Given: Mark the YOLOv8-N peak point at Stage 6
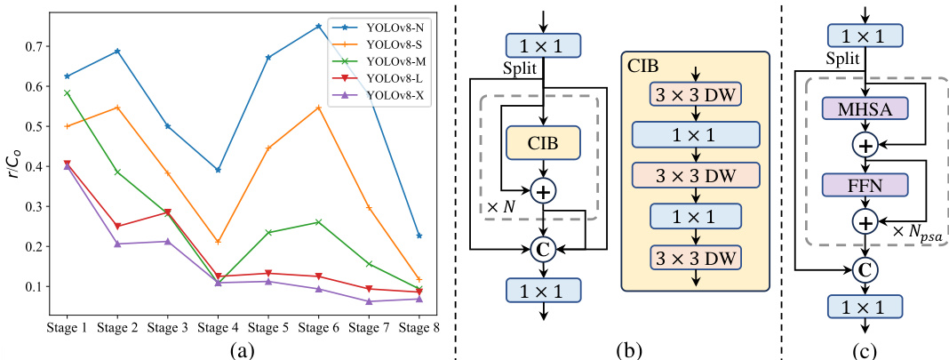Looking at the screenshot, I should click(318, 26).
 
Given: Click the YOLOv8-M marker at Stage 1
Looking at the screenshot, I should click(68, 92).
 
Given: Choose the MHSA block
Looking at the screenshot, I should click(865, 109).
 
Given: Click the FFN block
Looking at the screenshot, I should click(865, 185).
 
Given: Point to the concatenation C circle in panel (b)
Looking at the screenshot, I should click(543, 250).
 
